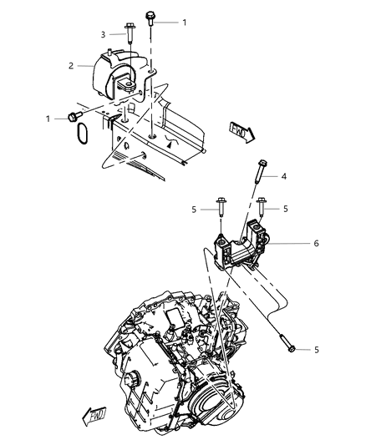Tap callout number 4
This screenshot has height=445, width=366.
click(283, 176)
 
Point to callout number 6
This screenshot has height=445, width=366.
click(317, 243)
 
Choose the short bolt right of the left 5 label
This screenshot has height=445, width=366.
click(221, 205)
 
